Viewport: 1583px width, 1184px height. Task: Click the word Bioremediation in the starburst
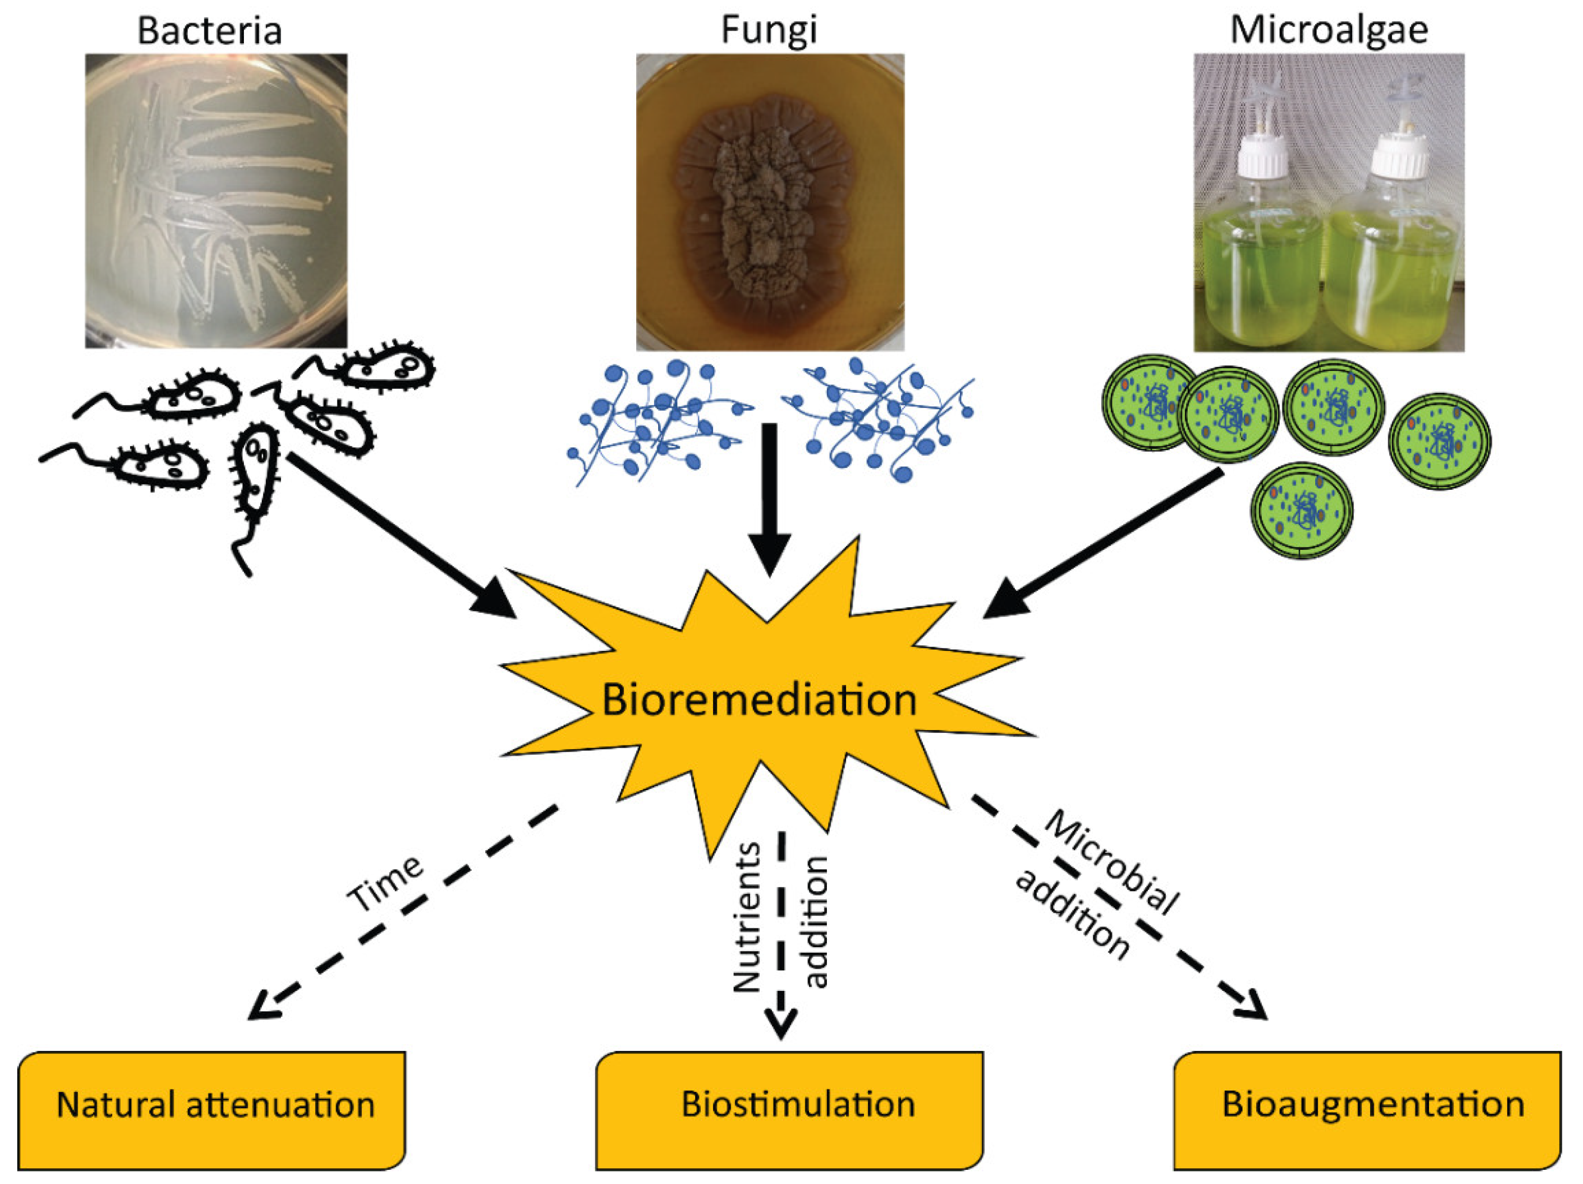click(759, 700)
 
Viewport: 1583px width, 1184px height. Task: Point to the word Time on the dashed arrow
click(385, 884)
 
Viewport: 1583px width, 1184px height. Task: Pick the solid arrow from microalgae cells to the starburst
click(1102, 544)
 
